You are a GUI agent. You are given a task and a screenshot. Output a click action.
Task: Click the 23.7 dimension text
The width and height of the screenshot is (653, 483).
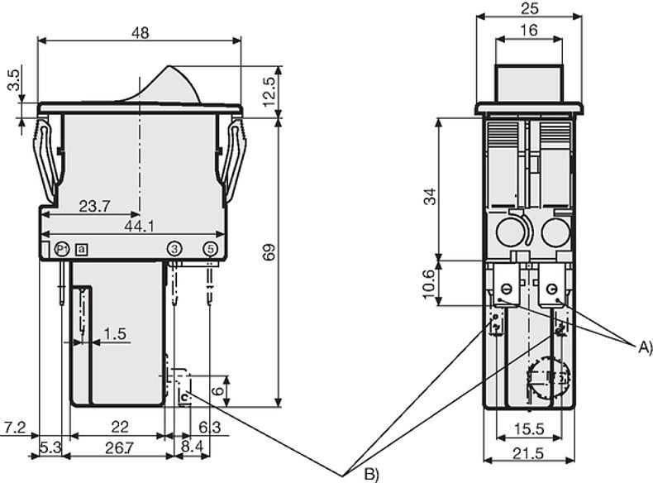[x=93, y=207]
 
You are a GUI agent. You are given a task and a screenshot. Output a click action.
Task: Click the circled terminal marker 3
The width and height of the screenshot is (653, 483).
[x=174, y=248]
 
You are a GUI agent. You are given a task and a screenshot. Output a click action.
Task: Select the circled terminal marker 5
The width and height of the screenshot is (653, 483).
[x=210, y=248]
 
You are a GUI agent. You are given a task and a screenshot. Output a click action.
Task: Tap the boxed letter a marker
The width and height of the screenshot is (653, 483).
[x=80, y=248]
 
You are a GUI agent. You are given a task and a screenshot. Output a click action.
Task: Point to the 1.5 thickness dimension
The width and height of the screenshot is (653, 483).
[x=116, y=333]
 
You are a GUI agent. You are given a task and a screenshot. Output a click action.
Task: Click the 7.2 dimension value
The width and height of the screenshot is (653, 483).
[x=14, y=427]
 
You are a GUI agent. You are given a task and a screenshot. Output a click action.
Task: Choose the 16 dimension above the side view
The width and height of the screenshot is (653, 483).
[x=529, y=30]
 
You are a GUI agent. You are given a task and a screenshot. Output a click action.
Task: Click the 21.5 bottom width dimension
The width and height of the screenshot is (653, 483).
[x=529, y=454]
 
